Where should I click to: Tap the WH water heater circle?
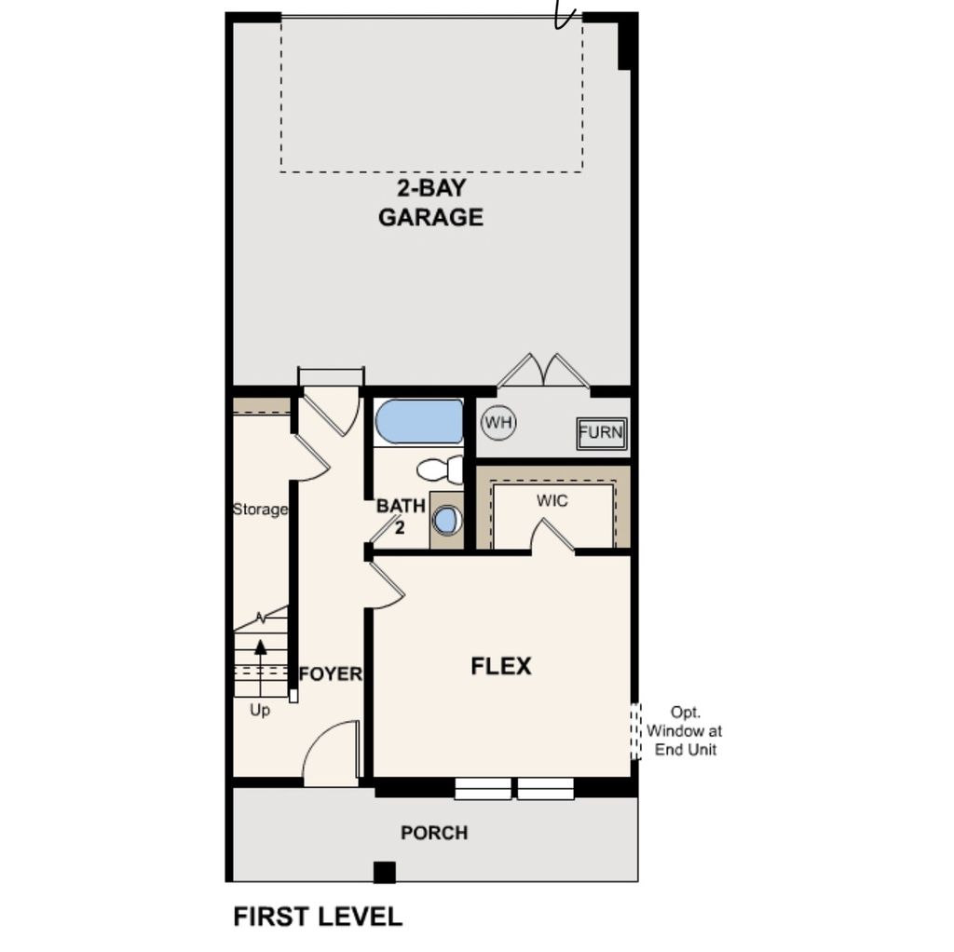pos(498,423)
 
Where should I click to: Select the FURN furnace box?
pos(602,433)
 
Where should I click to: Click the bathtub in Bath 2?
pos(419,422)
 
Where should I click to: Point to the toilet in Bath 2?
pos(440,469)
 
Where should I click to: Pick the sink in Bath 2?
pos(447,520)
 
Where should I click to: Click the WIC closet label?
pos(552,501)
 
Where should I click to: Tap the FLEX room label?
pos(500,666)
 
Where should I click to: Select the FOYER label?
pos(331,673)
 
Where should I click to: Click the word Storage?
pos(260,510)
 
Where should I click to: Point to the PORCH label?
pos(434,833)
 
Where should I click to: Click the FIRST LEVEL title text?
pos(318,917)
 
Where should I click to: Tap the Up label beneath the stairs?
pos(260,710)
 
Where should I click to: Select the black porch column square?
pos(384,872)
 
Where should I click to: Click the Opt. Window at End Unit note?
pos(685,732)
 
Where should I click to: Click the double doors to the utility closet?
pos(543,371)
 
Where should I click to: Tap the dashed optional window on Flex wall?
pos(637,731)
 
